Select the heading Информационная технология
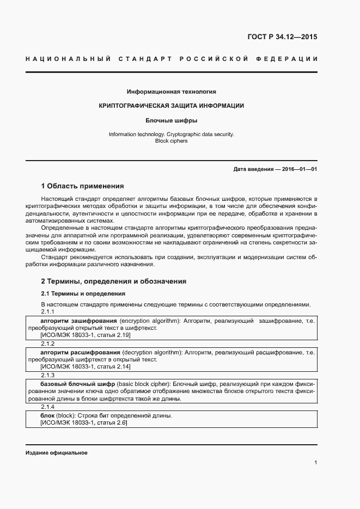171,91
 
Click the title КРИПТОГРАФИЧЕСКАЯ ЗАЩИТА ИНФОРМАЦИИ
171,106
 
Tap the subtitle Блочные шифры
171,120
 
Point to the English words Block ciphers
171,140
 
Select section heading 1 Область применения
82,186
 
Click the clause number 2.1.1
48,312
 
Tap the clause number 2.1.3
48,376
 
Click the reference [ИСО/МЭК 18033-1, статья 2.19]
78,336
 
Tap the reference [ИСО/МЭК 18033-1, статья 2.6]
76,423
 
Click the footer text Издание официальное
56,453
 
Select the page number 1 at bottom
315,463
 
